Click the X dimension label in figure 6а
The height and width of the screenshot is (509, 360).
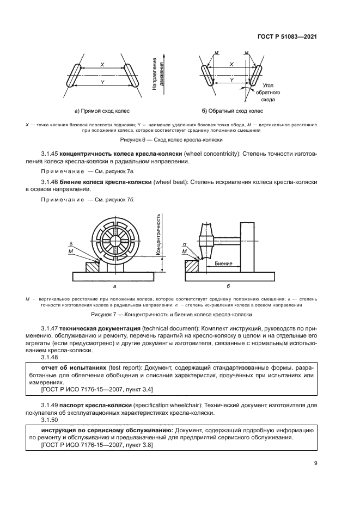click(x=102, y=65)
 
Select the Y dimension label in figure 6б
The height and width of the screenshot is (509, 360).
click(x=232, y=79)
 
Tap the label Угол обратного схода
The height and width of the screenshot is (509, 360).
click(x=268, y=93)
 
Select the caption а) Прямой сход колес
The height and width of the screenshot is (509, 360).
click(x=102, y=111)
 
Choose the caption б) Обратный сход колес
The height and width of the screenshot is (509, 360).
click(x=232, y=111)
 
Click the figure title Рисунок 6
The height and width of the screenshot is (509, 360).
click(x=180, y=140)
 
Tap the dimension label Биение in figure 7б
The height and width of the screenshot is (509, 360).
click(x=224, y=263)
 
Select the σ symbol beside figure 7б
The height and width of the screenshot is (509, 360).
click(x=185, y=246)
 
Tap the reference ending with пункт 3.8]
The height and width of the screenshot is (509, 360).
click(x=97, y=445)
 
